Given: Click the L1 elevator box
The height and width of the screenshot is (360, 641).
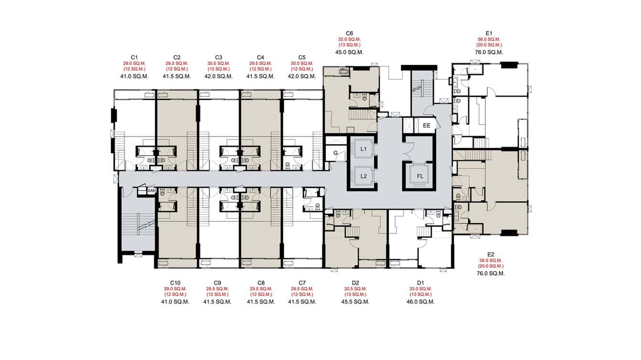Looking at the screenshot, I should pos(363,149).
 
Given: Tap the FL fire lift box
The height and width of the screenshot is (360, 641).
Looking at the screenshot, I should pos(420,176).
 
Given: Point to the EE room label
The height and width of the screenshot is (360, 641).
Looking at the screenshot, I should pos(427,126).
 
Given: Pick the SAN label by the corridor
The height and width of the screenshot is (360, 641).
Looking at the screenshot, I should pos(151,191).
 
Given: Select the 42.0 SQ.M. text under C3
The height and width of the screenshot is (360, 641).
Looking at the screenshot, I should pos(218,76).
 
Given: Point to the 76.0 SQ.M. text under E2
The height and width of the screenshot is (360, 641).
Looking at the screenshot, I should pos(491,274).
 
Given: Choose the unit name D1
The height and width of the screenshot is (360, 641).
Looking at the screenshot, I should pos(420,283).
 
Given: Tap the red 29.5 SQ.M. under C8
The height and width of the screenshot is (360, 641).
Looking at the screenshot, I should pos(260,289).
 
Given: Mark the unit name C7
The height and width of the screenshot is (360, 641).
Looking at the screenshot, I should pos(301,283).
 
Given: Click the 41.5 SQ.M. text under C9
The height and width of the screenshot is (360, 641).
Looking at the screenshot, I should pos(217,302).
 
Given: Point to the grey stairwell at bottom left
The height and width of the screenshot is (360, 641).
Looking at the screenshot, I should pos(137,224).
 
